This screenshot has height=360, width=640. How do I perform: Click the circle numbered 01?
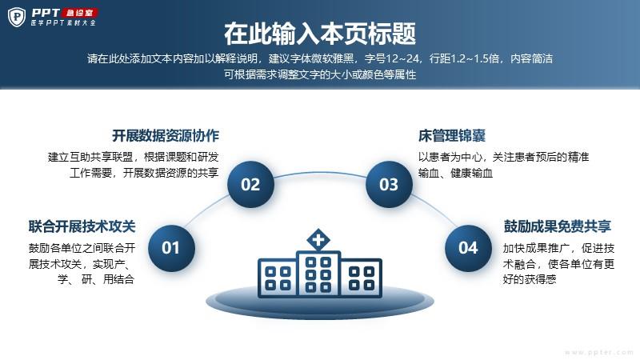(171, 248)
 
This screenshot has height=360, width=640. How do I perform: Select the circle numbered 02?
(250, 184)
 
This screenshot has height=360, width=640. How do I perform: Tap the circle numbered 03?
(389, 184)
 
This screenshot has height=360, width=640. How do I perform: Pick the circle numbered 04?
(468, 248)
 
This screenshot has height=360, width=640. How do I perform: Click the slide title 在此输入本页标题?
(320, 34)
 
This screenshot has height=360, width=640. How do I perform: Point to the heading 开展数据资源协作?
(166, 135)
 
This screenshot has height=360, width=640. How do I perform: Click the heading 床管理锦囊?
(452, 135)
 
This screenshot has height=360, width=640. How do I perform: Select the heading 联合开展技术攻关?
(82, 226)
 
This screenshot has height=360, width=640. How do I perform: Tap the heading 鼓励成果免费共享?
(557, 226)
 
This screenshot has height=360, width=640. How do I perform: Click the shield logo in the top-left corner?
(17, 17)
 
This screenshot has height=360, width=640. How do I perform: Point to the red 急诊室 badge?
(80, 13)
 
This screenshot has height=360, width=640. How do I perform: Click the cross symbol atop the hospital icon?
(318, 239)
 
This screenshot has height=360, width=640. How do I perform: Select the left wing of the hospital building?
(278, 277)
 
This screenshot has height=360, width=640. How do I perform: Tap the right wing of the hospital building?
(362, 277)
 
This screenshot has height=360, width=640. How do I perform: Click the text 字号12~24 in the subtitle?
(392, 58)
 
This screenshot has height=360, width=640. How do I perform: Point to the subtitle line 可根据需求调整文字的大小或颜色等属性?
(320, 74)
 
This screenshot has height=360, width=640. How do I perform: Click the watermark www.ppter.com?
(598, 352)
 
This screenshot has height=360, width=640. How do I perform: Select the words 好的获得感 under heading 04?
(530, 279)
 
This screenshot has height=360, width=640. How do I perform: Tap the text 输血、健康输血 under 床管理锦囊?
(455, 173)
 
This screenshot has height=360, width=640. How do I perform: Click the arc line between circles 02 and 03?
(319, 172)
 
